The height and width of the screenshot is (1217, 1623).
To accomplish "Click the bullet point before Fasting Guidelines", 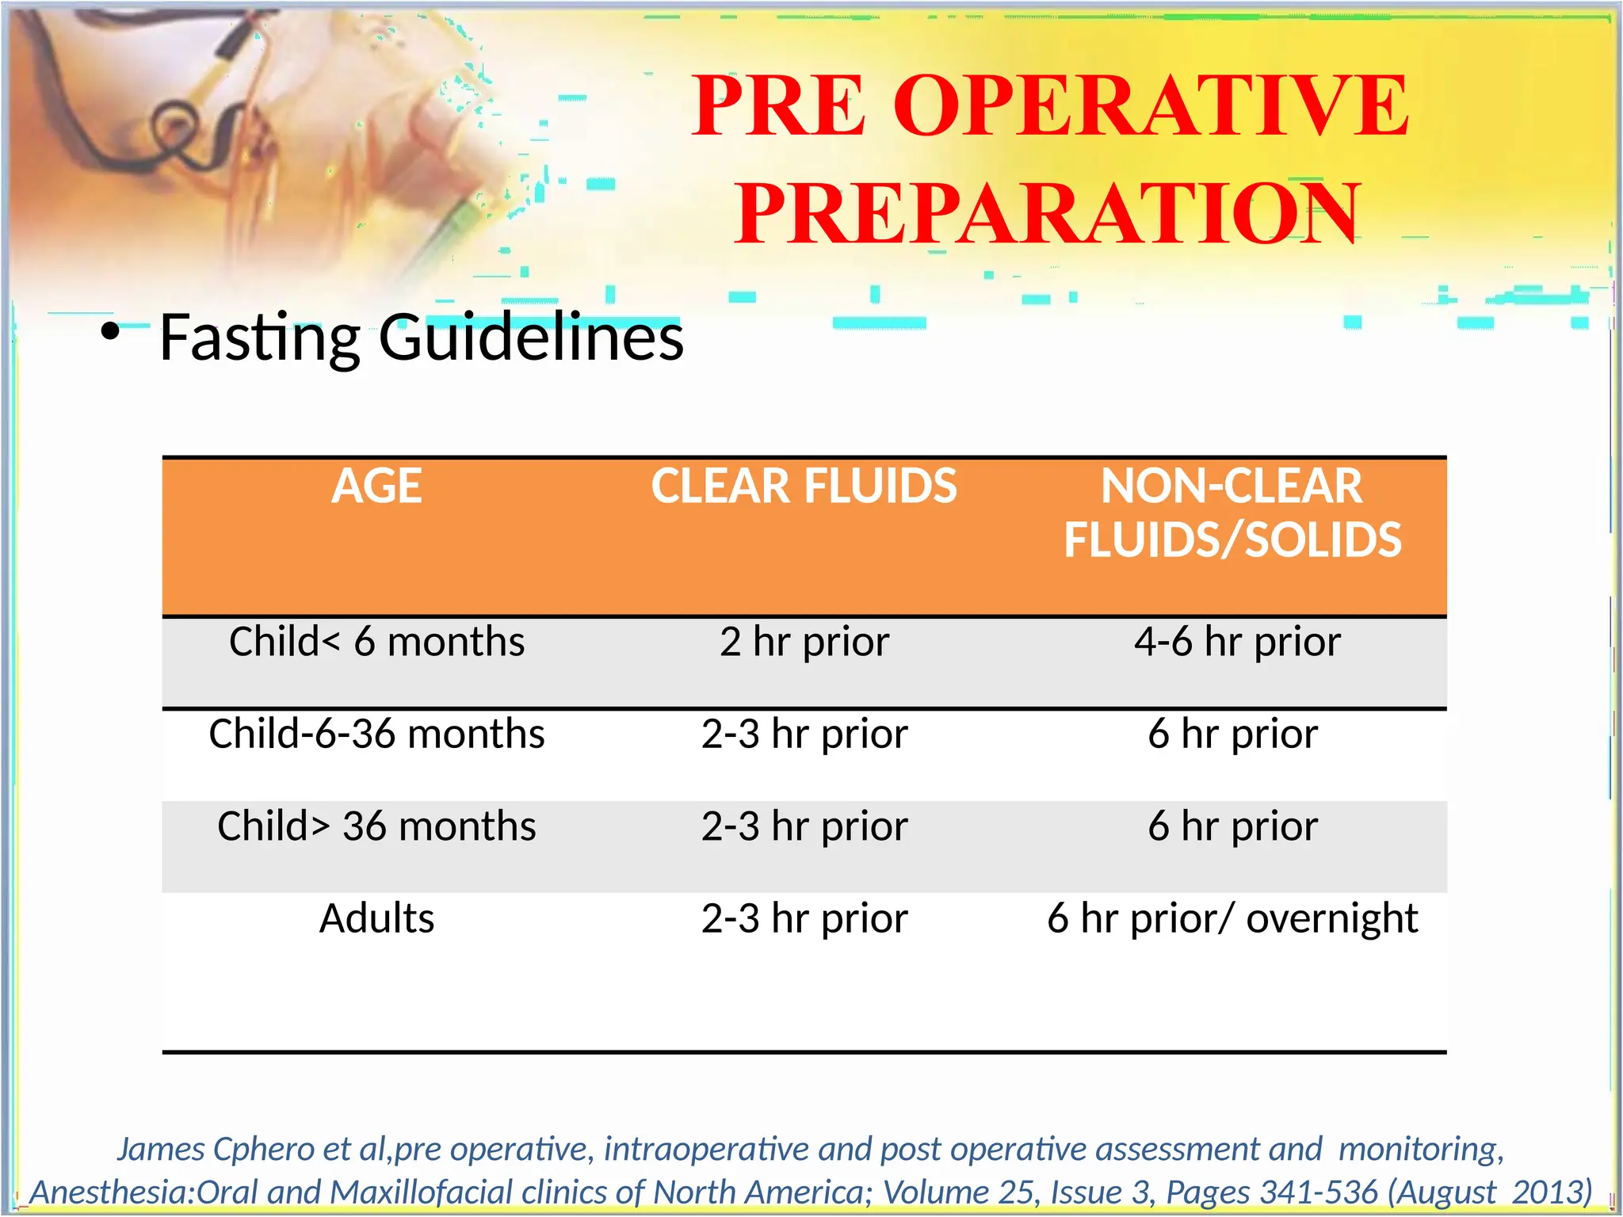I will [x=110, y=331].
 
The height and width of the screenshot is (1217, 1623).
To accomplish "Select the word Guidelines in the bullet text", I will [x=531, y=338].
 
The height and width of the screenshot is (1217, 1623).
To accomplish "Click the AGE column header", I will [x=376, y=486].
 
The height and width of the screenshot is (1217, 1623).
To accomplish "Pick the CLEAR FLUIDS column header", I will [x=804, y=486].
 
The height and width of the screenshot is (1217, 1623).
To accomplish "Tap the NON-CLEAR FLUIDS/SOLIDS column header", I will [x=1232, y=513].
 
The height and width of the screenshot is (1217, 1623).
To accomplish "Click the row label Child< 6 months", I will [x=376, y=642].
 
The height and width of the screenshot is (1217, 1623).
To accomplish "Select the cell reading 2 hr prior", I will [x=804, y=642].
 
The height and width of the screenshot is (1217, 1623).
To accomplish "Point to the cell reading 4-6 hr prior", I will [x=1236, y=642].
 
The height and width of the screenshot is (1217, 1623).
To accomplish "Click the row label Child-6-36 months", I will [x=376, y=734].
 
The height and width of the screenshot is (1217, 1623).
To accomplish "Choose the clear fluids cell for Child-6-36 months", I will [x=804, y=734].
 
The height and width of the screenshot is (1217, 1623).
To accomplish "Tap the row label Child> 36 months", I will [x=376, y=826].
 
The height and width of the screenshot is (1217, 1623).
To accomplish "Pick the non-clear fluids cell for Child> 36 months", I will [x=1232, y=826].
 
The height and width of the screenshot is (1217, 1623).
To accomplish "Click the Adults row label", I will [x=376, y=919].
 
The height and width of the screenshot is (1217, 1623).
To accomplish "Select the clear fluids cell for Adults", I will [x=804, y=919].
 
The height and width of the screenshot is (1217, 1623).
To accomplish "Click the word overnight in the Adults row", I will [x=1331, y=919].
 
